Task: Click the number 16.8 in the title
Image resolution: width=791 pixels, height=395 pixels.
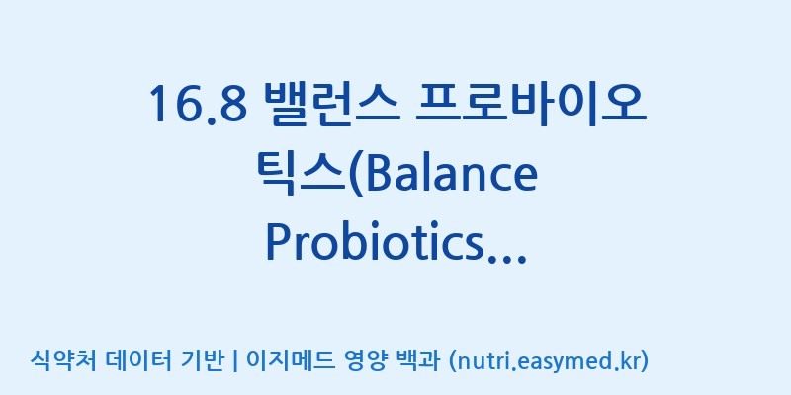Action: point(198,104)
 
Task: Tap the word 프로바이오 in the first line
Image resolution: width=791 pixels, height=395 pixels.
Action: point(530,103)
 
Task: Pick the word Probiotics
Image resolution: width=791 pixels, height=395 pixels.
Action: point(373,244)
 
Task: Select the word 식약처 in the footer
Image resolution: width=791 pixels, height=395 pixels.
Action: point(63,360)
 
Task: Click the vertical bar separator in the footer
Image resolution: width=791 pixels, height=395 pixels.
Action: point(234,361)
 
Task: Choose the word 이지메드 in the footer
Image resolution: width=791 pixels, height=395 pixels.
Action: point(290,360)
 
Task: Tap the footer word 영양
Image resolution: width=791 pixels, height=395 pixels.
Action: point(366,360)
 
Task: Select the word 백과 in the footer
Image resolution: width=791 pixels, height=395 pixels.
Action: point(418,360)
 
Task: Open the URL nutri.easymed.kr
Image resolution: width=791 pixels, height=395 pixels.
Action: point(548,361)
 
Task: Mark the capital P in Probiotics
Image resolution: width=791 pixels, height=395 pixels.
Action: point(278,243)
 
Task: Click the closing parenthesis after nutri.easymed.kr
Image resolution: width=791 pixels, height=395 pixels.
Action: point(644,361)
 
